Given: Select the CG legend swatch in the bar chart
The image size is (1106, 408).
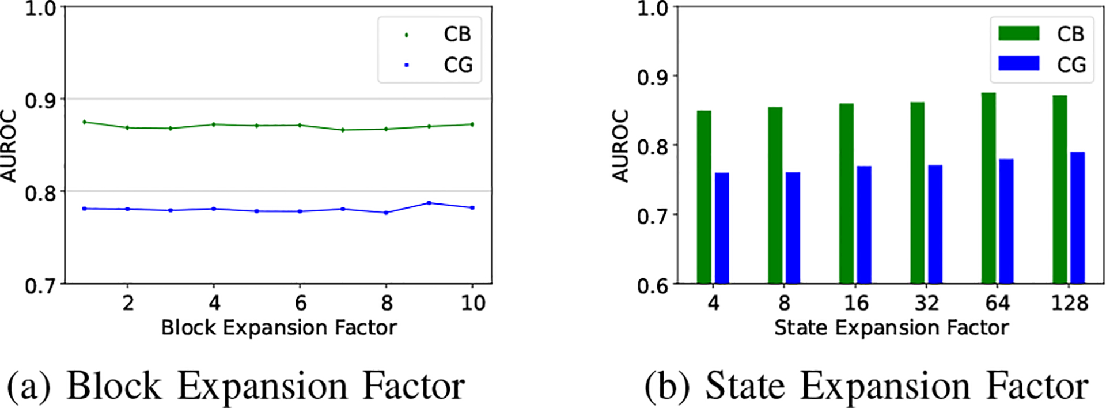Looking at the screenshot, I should [1018, 64].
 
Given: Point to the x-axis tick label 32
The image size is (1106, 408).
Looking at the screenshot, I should [926, 303].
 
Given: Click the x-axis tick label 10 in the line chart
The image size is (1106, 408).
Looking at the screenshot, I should [473, 303].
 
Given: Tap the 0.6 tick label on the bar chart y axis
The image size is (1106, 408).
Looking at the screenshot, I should [653, 285].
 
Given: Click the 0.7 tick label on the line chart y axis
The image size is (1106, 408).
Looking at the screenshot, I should [40, 285].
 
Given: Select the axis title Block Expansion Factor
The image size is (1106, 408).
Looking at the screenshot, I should [279, 327].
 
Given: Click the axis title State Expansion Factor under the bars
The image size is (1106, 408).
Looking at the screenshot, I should [891, 327].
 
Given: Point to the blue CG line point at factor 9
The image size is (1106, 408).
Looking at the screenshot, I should [429, 203].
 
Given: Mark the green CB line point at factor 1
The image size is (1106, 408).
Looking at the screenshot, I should [85, 122].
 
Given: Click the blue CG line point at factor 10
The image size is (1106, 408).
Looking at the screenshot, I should [472, 207].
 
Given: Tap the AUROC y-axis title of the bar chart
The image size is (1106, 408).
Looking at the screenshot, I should [620, 145].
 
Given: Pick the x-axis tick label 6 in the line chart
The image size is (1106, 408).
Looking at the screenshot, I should [300, 303].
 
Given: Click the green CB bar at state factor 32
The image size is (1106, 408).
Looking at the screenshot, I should [918, 192].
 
